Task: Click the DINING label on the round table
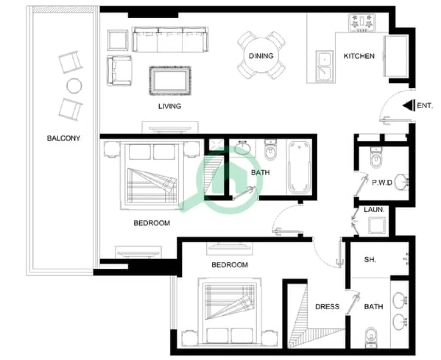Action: coord(261,56)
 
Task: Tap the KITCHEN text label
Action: coord(359,56)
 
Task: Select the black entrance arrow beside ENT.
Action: coord(408,106)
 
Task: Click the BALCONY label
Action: coord(64,138)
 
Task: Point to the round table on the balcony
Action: coord(74,86)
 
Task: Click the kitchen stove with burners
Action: coord(361,23)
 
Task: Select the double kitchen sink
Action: coord(324,65)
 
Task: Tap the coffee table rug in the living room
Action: coord(170,81)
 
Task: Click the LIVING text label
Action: coord(170,106)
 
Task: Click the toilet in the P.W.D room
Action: coord(376,158)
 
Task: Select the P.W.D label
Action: coord(382,183)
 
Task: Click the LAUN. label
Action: coord(374,209)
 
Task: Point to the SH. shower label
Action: coord(370,260)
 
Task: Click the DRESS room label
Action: coord(327,307)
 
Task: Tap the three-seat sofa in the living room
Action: coord(170,40)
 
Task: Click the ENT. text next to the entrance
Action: coord(425,106)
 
